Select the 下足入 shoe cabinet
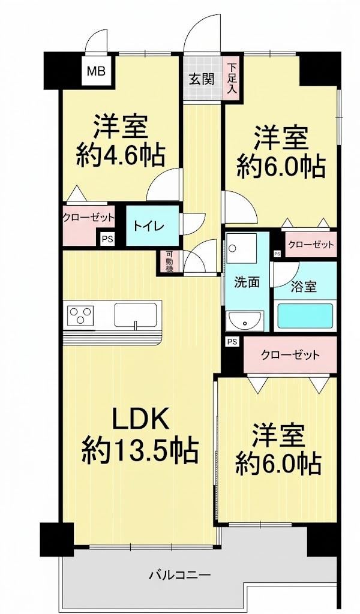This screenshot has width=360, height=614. (231, 79)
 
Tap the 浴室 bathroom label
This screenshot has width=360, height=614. (304, 287)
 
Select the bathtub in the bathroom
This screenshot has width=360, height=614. (305, 315)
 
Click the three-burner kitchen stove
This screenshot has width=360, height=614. (80, 315)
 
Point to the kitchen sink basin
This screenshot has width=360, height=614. (136, 314)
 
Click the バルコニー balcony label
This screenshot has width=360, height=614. (181, 575)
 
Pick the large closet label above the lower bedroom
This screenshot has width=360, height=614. (290, 355)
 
